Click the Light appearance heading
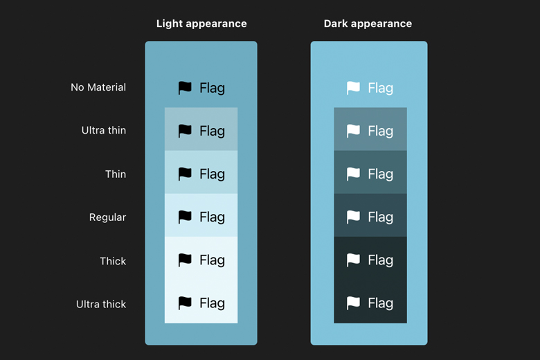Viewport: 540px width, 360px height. click(x=201, y=24)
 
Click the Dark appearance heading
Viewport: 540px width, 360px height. click(x=368, y=24)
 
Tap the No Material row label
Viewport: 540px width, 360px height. click(x=98, y=87)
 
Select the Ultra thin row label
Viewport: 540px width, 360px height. click(x=104, y=130)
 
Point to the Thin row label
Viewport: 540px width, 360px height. click(x=116, y=174)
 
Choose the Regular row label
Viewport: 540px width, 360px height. click(x=107, y=217)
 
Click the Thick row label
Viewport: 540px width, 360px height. click(x=113, y=261)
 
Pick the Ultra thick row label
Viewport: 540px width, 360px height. click(x=101, y=304)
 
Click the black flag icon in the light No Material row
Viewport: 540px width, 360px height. click(x=185, y=88)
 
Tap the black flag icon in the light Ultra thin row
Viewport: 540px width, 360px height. click(x=185, y=131)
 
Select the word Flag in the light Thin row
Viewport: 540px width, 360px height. click(x=212, y=174)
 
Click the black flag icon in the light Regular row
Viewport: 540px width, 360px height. click(x=185, y=217)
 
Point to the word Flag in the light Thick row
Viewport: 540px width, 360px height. click(x=212, y=260)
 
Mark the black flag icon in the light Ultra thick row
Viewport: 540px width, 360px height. click(x=185, y=303)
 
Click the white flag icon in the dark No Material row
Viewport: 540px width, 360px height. click(x=353, y=88)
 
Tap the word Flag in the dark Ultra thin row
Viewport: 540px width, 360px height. click(x=380, y=131)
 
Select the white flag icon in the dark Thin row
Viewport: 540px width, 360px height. click(x=353, y=174)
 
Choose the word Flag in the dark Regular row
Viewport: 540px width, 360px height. click(x=380, y=217)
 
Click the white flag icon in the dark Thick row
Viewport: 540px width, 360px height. click(x=353, y=260)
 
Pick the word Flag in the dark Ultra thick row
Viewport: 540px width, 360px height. click(x=380, y=303)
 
